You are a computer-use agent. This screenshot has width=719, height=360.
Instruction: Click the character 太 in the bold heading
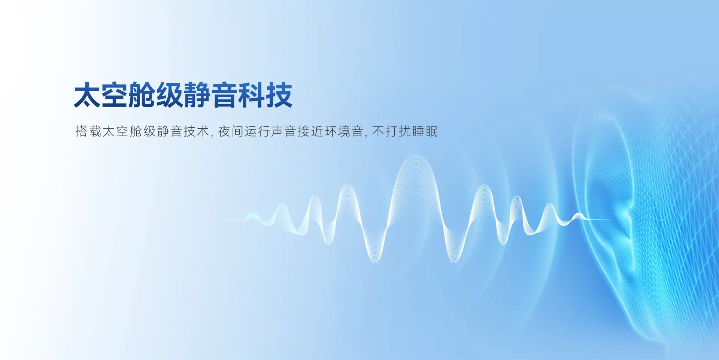tap(87, 95)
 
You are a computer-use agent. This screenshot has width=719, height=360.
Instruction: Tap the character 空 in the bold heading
tap(115, 95)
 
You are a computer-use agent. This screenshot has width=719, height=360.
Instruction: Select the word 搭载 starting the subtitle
tap(88, 131)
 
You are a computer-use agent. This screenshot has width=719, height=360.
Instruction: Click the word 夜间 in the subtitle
tap(231, 131)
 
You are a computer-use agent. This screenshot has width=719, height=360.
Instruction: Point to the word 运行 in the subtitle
tap(258, 131)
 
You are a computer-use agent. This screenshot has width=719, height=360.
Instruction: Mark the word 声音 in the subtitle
tap(284, 131)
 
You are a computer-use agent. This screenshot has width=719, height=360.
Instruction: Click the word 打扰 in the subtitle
tap(398, 131)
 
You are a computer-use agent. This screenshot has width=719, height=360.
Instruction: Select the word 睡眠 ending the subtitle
tap(425, 131)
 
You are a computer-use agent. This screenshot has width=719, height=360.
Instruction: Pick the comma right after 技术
tap(212, 135)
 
